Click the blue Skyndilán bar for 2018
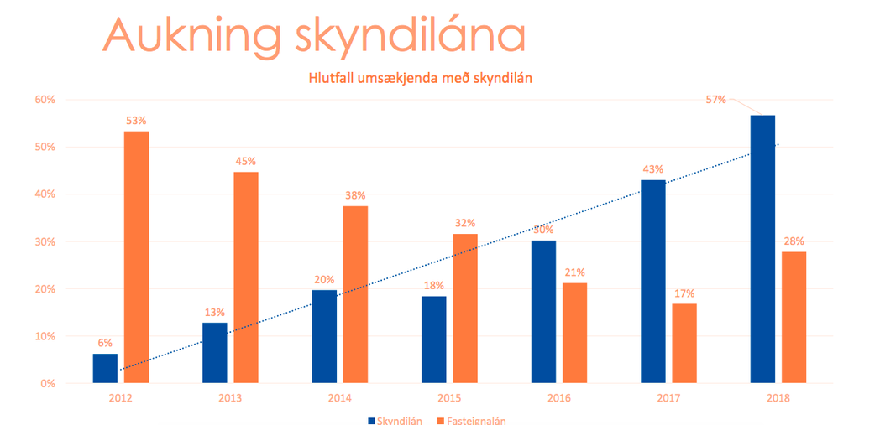pyautogui.click(x=762, y=249)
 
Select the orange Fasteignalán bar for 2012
pyautogui.click(x=136, y=257)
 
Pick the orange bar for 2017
pyautogui.click(x=684, y=344)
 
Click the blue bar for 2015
pyautogui.click(x=433, y=339)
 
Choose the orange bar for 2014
pyautogui.click(x=355, y=294)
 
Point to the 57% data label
pyautogui.click(x=715, y=100)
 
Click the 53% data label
pyautogui.click(x=136, y=121)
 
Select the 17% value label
pyautogui.click(x=684, y=293)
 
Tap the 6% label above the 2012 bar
pyautogui.click(x=105, y=343)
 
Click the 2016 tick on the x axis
pyautogui.click(x=559, y=398)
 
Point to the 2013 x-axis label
pyautogui.click(x=230, y=398)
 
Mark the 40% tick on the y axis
pyautogui.click(x=43, y=194)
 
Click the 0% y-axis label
pyautogui.click(x=46, y=384)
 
